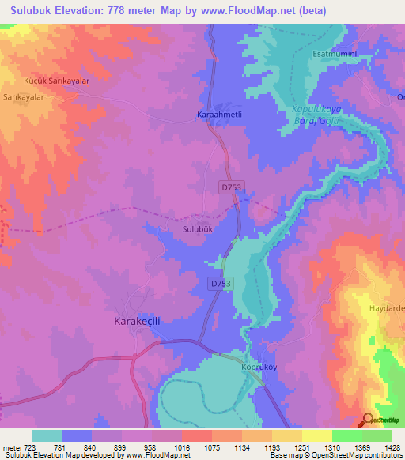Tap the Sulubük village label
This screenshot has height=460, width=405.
[x=199, y=229]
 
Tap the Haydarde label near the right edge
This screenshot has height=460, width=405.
[x=386, y=307]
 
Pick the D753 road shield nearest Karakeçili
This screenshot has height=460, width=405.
[x=221, y=282]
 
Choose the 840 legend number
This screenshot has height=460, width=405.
[x=99, y=447]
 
